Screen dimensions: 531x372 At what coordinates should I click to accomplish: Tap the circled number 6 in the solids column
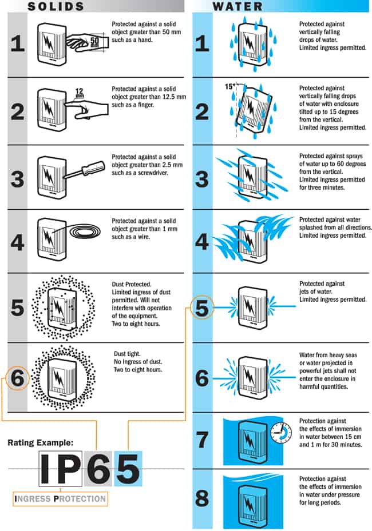pyautogui.click(x=18, y=378)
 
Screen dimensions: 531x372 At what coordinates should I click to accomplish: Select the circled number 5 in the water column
pyautogui.click(x=202, y=309)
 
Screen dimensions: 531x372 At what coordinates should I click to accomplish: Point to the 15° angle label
pyautogui.click(x=230, y=86)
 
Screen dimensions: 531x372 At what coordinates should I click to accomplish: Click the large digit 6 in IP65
pyautogui.click(x=99, y=469)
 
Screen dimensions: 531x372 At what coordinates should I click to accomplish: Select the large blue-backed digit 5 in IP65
pyautogui.click(x=128, y=469)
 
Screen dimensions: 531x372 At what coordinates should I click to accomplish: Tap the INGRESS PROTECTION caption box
pyautogui.click(x=61, y=498)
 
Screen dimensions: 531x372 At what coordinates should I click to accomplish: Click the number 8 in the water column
pyautogui.click(x=202, y=498)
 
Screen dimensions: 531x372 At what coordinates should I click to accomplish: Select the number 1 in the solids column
pyautogui.click(x=18, y=43)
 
